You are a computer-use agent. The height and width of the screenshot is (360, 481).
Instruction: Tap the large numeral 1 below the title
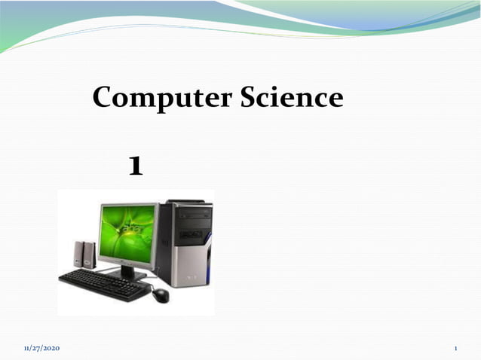click(x=136, y=166)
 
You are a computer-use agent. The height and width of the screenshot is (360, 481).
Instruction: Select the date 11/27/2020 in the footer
click(x=41, y=348)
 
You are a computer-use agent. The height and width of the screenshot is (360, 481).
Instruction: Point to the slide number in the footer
click(x=456, y=348)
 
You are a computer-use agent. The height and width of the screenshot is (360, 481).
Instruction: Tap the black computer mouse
click(x=161, y=294)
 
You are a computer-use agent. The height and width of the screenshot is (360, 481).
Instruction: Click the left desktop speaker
click(x=78, y=254)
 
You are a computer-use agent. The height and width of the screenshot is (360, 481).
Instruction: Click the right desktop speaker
click(x=90, y=255)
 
